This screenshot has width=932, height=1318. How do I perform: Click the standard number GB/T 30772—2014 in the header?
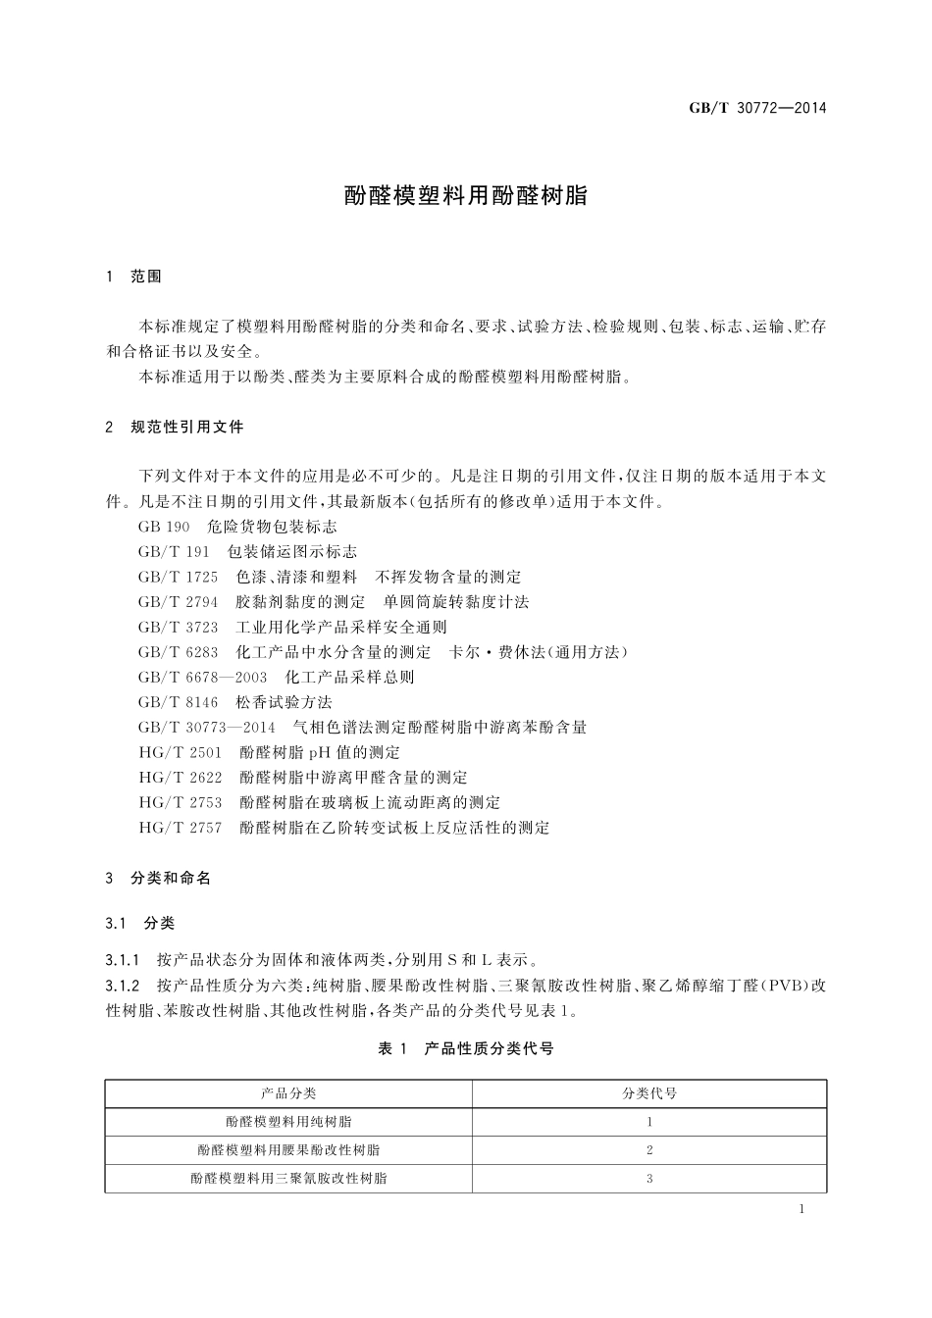[x=757, y=108]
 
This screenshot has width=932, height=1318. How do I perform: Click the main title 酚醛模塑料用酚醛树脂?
[x=465, y=195]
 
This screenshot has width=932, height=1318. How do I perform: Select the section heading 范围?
[x=146, y=277]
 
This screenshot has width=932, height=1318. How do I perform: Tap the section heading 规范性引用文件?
[x=186, y=428]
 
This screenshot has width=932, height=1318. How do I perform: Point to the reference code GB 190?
[x=164, y=527]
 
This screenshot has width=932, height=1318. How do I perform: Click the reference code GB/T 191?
[x=175, y=552]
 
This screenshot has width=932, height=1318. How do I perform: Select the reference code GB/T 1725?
[x=179, y=577]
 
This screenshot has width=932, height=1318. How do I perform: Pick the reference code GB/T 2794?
[x=179, y=602]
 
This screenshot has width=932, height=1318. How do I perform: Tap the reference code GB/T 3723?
[x=179, y=628]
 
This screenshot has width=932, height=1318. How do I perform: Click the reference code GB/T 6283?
[x=179, y=652]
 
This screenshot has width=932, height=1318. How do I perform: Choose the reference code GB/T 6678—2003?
[x=203, y=678]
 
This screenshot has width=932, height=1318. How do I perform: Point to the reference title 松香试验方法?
[x=285, y=702]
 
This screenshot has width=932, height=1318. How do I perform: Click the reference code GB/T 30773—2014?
[x=207, y=728]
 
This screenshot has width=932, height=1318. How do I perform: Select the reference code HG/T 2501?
[x=181, y=753]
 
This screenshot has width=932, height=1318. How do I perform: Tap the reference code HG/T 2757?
[x=181, y=828]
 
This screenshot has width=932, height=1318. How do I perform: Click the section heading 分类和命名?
[x=171, y=879]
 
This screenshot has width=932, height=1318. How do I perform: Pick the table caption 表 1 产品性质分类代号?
[x=466, y=1049]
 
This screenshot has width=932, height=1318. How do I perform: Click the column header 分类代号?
[x=649, y=1093]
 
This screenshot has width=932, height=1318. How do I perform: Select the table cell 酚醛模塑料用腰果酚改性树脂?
[x=288, y=1150]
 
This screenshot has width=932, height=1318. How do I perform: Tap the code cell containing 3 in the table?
[x=649, y=1179]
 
